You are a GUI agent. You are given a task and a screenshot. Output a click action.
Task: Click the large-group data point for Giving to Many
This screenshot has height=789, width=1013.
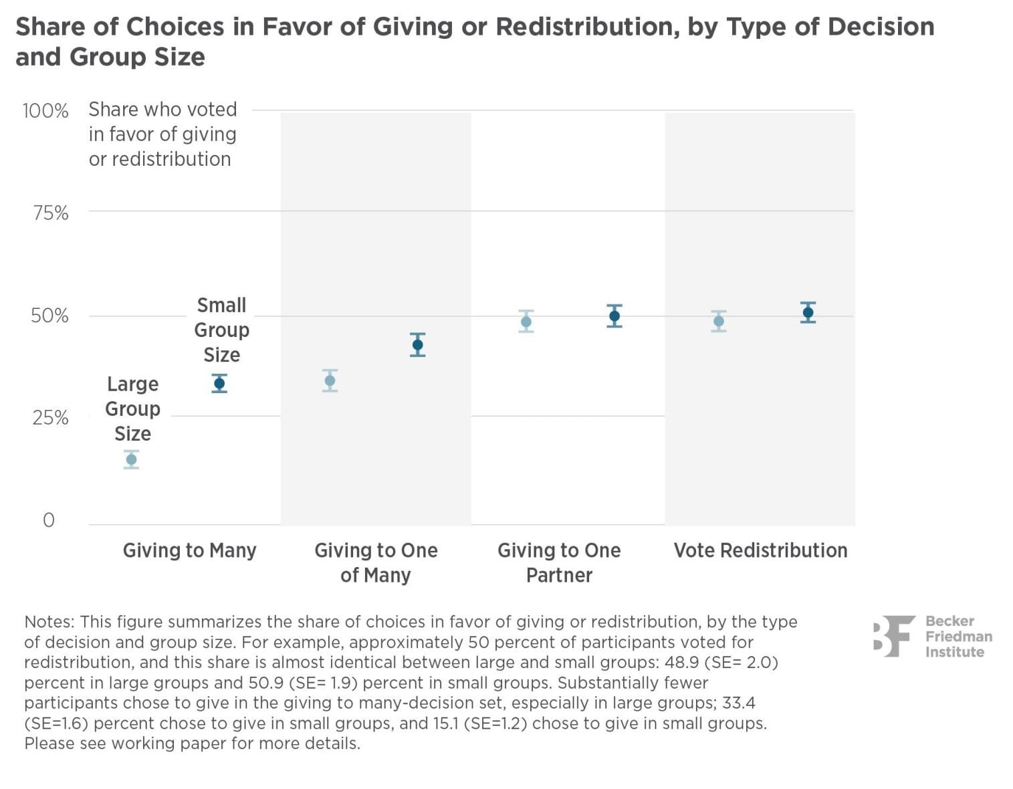(x=131, y=459)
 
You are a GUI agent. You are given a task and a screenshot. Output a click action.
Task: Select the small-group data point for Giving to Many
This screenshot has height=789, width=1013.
(x=219, y=383)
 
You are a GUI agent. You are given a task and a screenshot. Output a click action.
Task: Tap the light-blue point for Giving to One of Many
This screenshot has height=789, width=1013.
(x=330, y=381)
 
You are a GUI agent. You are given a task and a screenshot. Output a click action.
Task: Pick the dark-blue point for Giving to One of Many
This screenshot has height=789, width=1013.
(x=418, y=345)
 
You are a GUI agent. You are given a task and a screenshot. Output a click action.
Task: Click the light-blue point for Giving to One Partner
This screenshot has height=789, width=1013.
(x=526, y=322)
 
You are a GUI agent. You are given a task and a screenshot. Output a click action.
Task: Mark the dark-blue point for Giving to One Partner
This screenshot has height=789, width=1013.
(x=614, y=316)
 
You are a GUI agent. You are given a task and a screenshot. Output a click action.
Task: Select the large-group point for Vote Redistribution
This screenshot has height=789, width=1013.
(x=719, y=321)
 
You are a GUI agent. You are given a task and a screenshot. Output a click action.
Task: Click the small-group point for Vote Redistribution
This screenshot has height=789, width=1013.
(x=808, y=312)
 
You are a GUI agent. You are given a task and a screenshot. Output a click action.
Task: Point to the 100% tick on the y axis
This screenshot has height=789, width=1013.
(x=45, y=110)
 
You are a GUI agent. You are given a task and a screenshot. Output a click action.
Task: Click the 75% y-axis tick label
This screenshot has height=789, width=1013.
(x=50, y=213)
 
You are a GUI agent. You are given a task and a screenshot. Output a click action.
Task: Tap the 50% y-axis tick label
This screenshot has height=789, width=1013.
(x=49, y=316)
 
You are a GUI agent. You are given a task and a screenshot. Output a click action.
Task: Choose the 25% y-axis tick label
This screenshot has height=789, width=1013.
(x=50, y=418)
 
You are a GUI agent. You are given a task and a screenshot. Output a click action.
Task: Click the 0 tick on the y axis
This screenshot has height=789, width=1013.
(x=49, y=520)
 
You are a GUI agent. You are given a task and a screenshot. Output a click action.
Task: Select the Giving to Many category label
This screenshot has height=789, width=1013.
(x=189, y=550)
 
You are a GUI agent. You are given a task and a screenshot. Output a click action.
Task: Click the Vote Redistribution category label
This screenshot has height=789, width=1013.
(x=760, y=550)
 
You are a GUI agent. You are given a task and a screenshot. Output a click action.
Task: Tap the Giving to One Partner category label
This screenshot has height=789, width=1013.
(x=559, y=562)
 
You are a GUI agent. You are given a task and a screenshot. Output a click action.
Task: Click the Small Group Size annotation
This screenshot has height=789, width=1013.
(x=221, y=330)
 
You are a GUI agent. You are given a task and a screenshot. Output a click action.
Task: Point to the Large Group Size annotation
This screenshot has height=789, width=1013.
(x=132, y=409)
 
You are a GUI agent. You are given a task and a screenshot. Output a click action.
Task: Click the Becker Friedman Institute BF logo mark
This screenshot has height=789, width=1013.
(x=893, y=636)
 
